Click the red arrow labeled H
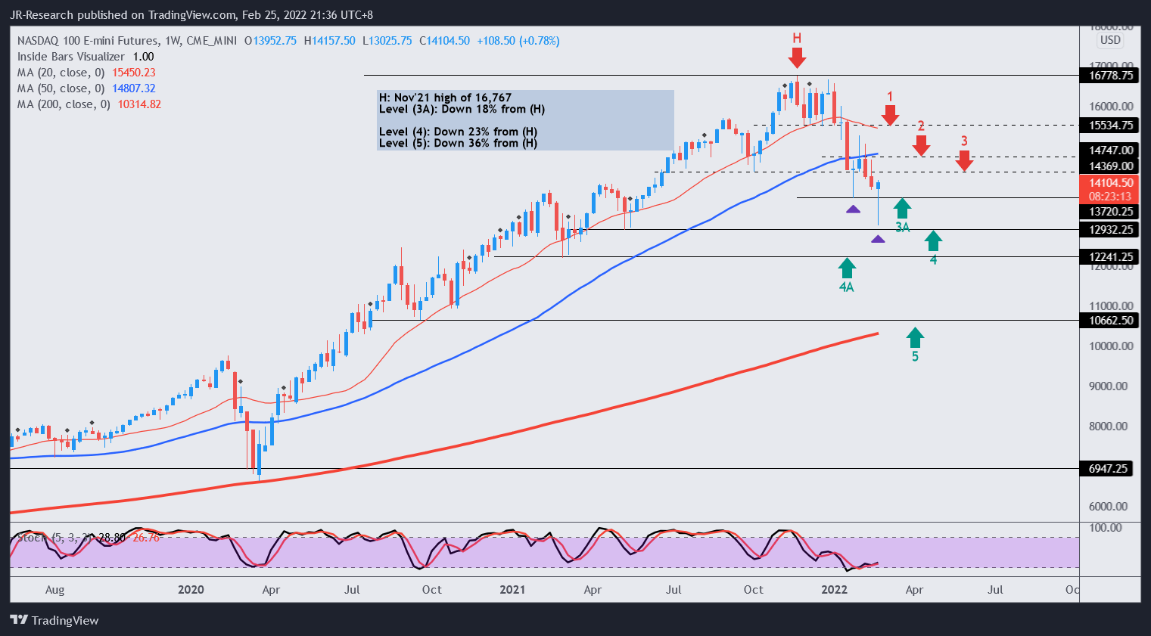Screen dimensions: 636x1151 click(x=796, y=57)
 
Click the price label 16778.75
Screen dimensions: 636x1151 click(x=1111, y=75)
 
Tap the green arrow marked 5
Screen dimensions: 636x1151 click(x=915, y=337)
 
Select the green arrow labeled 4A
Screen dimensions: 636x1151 click(x=847, y=268)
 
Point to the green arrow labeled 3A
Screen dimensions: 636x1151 click(x=902, y=208)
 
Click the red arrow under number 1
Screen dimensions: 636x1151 click(x=890, y=115)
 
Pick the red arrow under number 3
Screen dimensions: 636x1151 click(x=964, y=160)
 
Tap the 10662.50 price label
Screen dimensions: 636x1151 click(x=1111, y=320)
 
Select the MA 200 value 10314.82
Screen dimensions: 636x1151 click(x=139, y=104)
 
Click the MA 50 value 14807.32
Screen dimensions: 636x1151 click(x=133, y=88)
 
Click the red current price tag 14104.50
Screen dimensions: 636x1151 click(x=1111, y=183)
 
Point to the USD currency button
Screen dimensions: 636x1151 click(x=1110, y=40)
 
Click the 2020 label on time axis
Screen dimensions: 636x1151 click(x=191, y=590)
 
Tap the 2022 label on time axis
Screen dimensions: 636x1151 click(x=834, y=590)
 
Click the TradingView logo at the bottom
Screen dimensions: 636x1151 click(x=54, y=620)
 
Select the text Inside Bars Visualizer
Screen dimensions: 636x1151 click(x=71, y=57)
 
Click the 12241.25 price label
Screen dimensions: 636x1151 click(x=1111, y=256)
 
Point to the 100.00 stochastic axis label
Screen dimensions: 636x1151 click(x=1105, y=527)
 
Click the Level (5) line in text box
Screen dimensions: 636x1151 click(x=458, y=143)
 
